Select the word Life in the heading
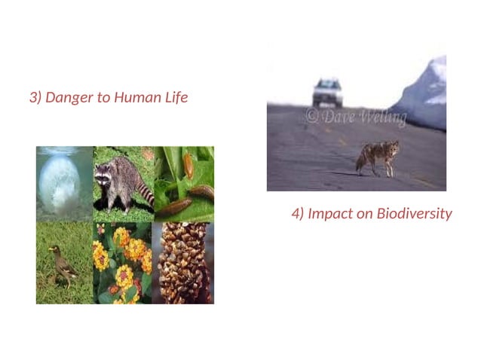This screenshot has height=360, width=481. click(x=176, y=98)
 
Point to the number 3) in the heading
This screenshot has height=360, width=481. click(x=35, y=98)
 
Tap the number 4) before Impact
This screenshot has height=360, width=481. click(x=298, y=214)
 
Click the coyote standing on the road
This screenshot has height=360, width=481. click(x=377, y=157)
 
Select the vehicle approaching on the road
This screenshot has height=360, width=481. click(x=327, y=92)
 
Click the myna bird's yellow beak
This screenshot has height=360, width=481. click(x=51, y=249)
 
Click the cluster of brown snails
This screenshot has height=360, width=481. click(x=182, y=264)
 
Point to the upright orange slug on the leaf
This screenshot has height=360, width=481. click(x=188, y=166)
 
